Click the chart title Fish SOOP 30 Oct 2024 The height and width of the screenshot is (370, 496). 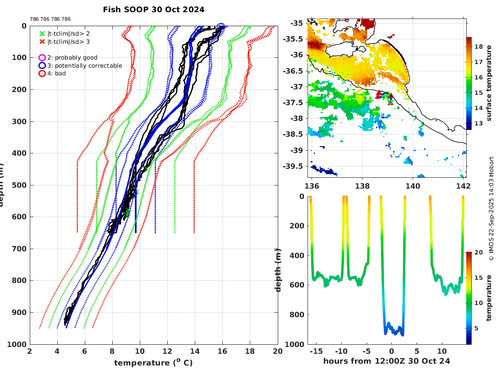[153, 9]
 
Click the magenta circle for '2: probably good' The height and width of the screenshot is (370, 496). [42, 58]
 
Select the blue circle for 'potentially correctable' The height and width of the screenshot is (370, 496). [42, 65]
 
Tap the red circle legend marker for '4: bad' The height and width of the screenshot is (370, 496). [42, 73]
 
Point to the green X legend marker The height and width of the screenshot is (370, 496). [42, 33]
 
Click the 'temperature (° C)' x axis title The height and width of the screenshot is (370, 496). [153, 362]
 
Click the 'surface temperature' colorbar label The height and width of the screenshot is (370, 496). [488, 83]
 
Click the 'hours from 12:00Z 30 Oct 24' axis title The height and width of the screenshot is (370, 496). [386, 361]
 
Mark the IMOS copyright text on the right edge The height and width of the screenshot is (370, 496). [491, 208]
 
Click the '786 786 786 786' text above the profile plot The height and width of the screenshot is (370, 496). [50, 19]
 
